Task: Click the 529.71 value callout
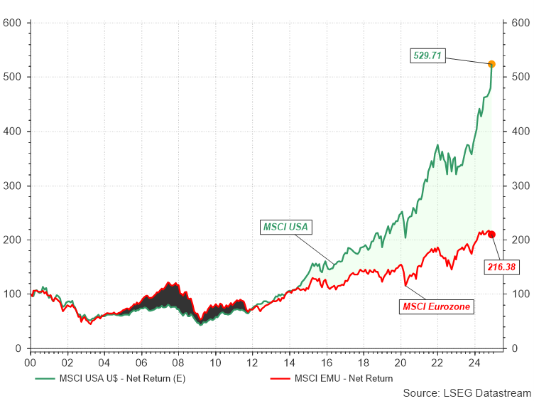(429, 55)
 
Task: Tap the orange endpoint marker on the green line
(491, 65)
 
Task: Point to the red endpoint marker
(491, 235)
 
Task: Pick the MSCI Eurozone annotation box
(437, 306)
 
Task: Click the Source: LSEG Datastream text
(467, 392)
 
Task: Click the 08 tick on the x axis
(178, 362)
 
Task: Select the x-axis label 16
(327, 362)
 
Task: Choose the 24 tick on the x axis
(474, 362)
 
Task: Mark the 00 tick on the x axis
(30, 362)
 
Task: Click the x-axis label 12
(252, 362)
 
